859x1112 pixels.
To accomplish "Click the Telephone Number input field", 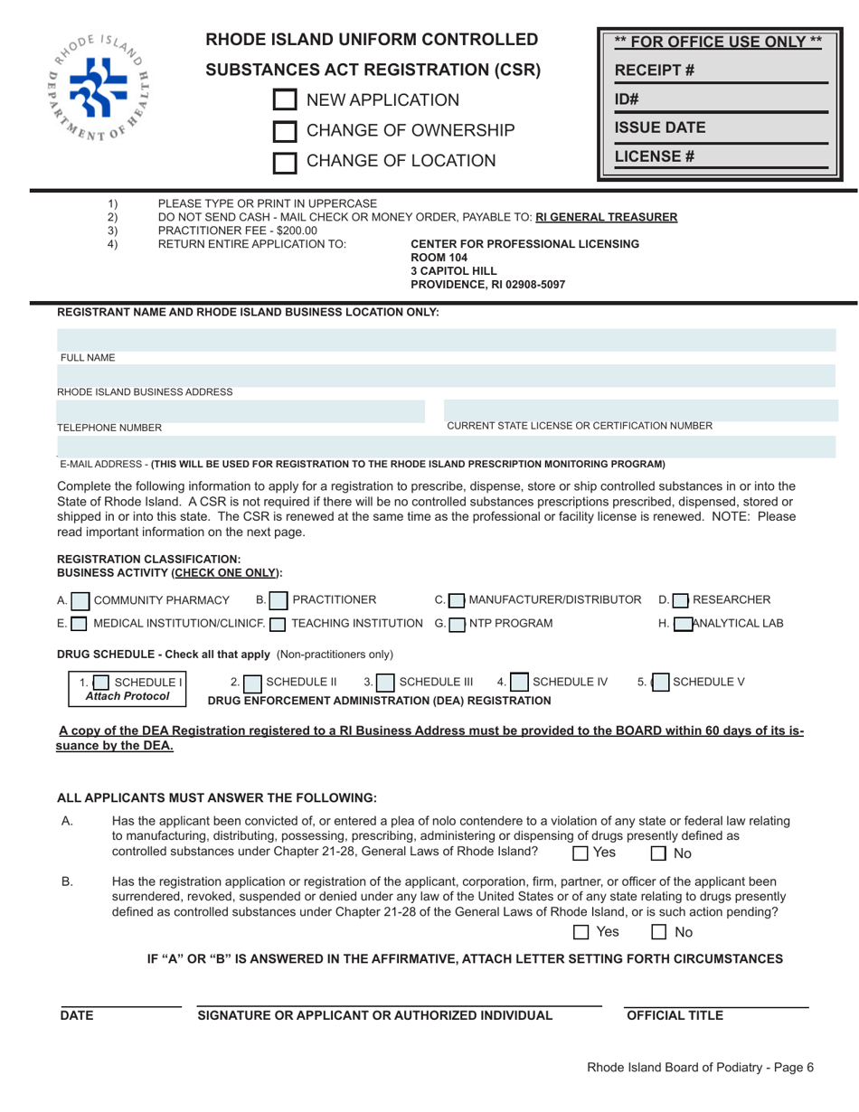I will tap(241, 411).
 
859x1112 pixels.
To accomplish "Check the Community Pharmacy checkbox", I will tap(80, 600).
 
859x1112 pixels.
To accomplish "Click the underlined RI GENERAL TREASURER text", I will tap(607, 217).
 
